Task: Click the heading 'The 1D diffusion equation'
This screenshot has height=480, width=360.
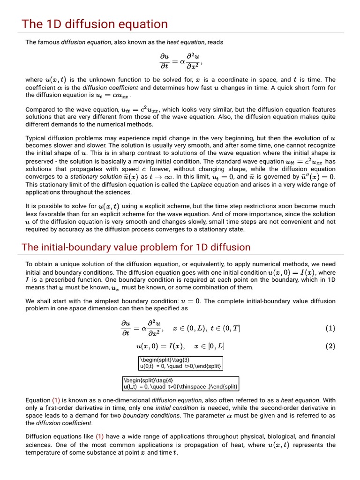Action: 95,24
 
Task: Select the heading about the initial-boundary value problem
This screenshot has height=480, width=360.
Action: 136,247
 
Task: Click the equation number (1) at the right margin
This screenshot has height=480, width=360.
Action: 330,329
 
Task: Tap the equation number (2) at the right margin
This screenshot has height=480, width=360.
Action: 330,347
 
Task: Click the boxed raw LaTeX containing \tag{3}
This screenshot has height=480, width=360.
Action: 179,362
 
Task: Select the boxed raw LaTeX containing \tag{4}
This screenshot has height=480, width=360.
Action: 180,383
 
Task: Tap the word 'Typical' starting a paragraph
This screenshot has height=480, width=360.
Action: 36,138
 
